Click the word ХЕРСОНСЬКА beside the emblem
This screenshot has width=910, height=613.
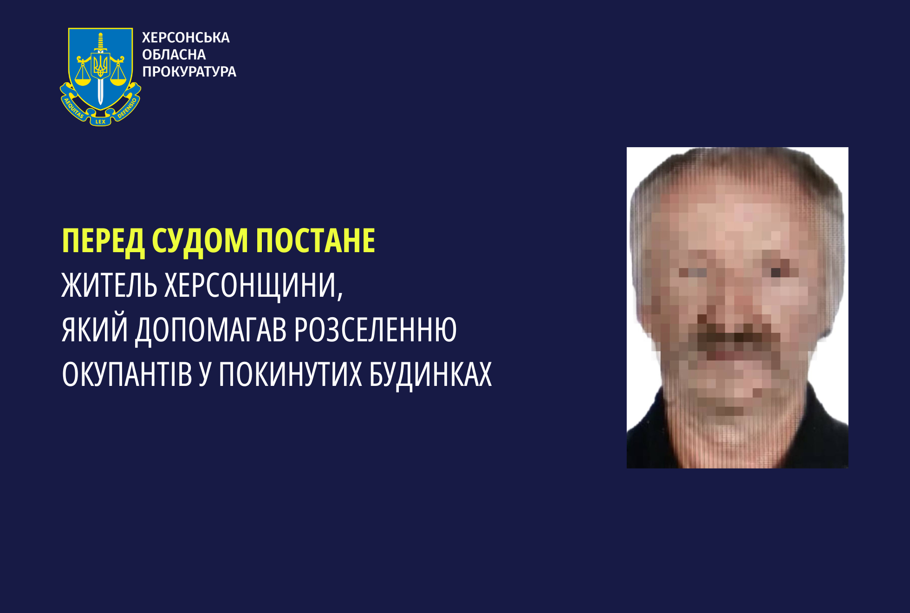click(x=186, y=38)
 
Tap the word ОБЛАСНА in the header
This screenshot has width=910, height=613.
click(x=174, y=55)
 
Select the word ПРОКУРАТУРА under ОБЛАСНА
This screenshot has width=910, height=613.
click(x=189, y=72)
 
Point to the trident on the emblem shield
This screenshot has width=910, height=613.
click(x=100, y=65)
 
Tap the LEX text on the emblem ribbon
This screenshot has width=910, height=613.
click(x=100, y=122)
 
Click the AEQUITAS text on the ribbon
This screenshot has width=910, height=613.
click(x=73, y=108)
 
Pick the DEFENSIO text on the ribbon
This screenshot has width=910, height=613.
click(x=127, y=108)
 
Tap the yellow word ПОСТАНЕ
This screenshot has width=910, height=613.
click(x=316, y=241)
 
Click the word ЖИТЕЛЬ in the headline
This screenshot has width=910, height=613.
click(x=110, y=285)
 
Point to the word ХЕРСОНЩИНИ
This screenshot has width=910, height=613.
click(x=254, y=286)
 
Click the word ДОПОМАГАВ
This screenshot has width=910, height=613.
click(x=211, y=331)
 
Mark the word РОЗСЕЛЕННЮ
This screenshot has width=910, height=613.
click(x=376, y=330)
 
